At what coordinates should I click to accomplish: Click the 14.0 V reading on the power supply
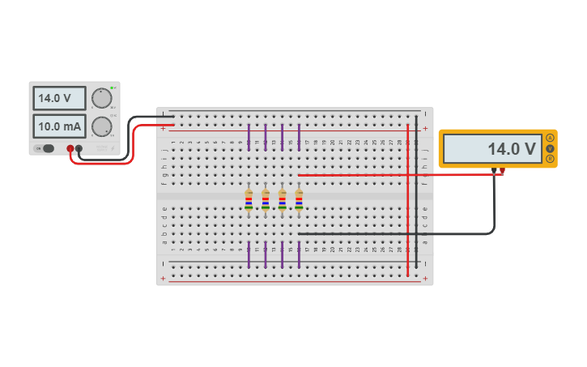point(59,98)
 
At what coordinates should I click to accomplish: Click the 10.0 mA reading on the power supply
point(59,126)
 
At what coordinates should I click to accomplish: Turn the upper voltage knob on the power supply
point(101,97)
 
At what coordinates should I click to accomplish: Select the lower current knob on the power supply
point(101,126)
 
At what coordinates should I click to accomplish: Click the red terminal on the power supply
point(70,148)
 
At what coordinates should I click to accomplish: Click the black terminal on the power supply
point(79,148)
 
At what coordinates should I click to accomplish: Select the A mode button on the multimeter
point(550,138)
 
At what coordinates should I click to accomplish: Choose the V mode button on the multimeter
point(550,148)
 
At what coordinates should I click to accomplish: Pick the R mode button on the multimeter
point(550,159)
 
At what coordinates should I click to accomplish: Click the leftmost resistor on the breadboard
point(249,200)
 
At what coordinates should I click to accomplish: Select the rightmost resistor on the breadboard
point(299,200)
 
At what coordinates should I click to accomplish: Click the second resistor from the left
point(266,200)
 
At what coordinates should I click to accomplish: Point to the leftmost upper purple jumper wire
point(249,138)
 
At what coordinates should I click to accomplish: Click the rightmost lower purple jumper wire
point(299,254)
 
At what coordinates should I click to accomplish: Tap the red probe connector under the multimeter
point(502,170)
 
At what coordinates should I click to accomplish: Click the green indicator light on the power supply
point(114,87)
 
